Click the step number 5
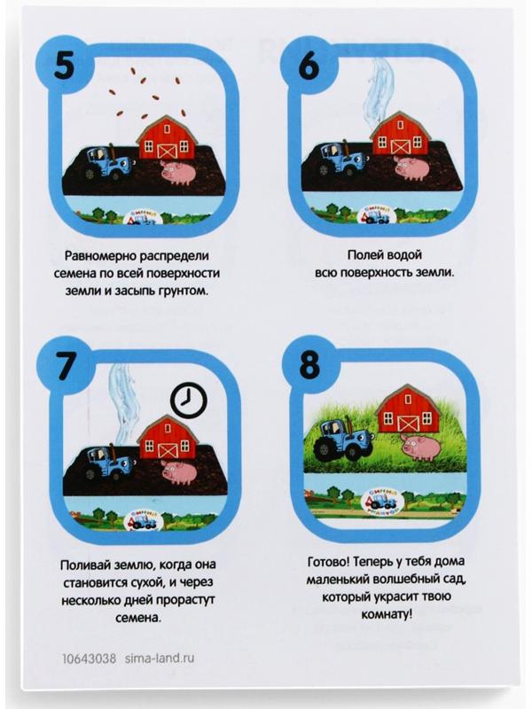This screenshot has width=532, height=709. [x=64, y=66]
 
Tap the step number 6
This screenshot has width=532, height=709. [x=309, y=65]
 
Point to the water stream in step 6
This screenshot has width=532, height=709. [x=379, y=90]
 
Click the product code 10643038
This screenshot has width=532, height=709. [x=90, y=658]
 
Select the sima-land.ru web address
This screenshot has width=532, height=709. [x=160, y=658]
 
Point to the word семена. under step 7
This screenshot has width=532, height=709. [x=138, y=617]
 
